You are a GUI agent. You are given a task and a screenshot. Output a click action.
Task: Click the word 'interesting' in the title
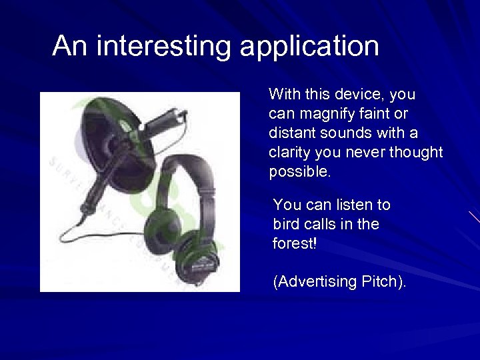164,46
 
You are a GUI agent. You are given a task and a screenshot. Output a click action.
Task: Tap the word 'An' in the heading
70,46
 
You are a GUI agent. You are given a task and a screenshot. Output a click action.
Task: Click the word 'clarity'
290,153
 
